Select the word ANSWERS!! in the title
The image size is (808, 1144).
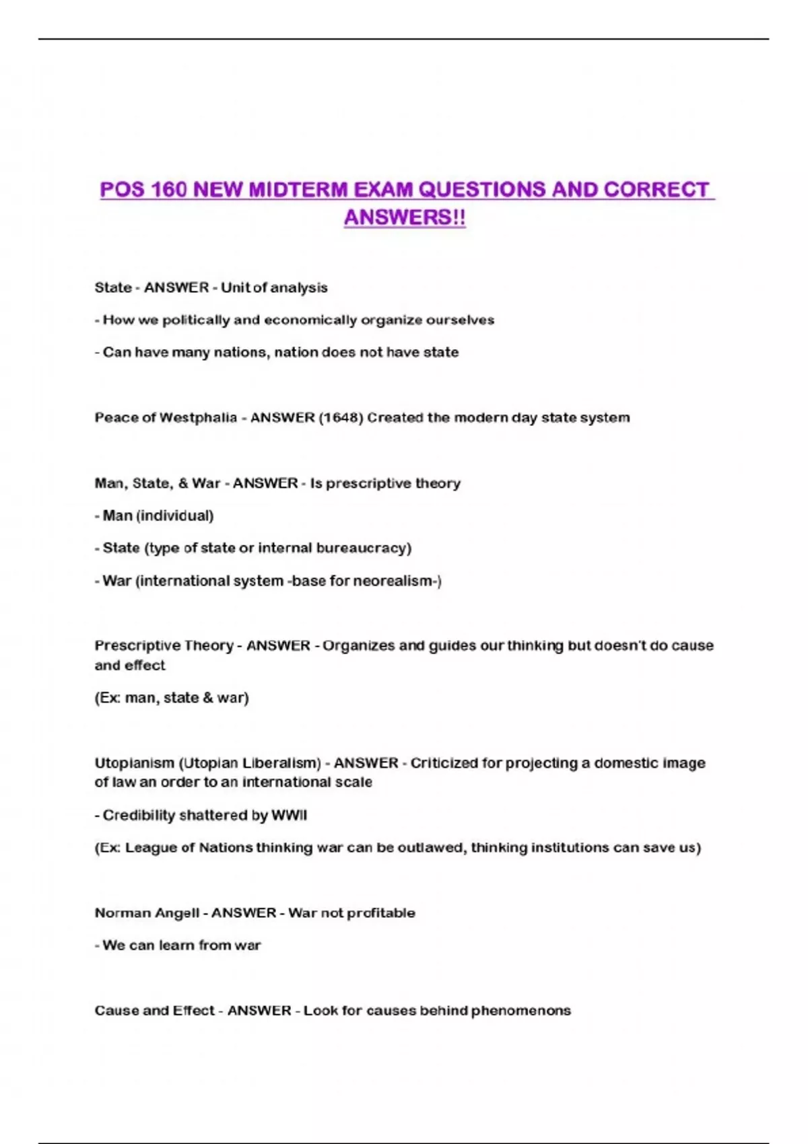coord(405,217)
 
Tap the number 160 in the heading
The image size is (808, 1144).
coord(168,190)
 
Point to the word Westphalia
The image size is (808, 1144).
coord(198,418)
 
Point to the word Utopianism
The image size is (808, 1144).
coord(133,763)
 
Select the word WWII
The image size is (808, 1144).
coord(289,816)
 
